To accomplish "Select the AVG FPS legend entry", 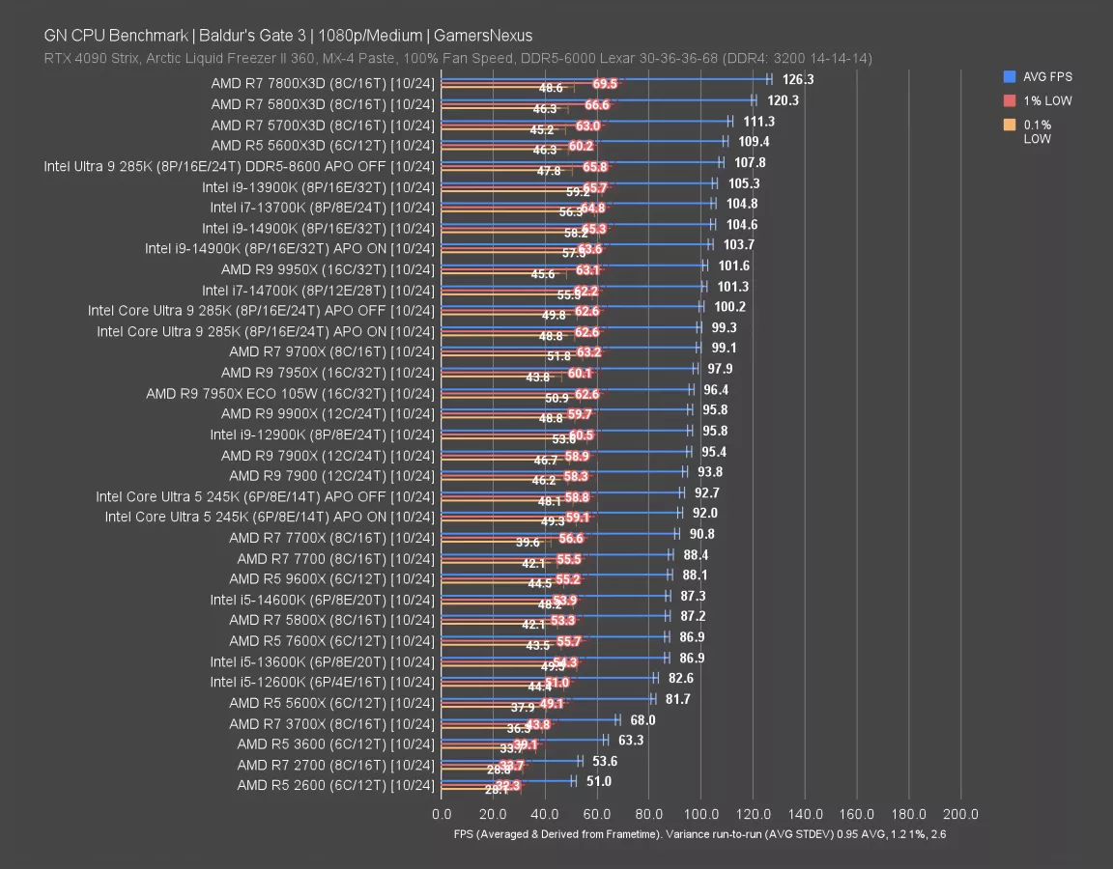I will pos(1047,77).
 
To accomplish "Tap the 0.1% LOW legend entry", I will pos(1039,131).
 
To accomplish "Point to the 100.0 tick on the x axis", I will pos(700,813).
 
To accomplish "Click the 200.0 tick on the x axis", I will pos(960,813).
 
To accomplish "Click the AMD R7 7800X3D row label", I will pos(323,83).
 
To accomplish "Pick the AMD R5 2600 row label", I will pos(336,785).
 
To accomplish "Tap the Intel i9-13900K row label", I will pos(319,186).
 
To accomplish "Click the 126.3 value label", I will pos(798,80).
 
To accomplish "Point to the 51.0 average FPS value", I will pos(598,781).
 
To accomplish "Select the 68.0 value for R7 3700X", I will pos(642,719).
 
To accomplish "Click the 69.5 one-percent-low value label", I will pos(605,84).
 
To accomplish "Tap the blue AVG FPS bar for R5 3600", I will pos(522,740).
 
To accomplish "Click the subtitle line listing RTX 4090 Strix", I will pos(458,58).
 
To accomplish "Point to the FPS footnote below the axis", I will pos(699,834).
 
